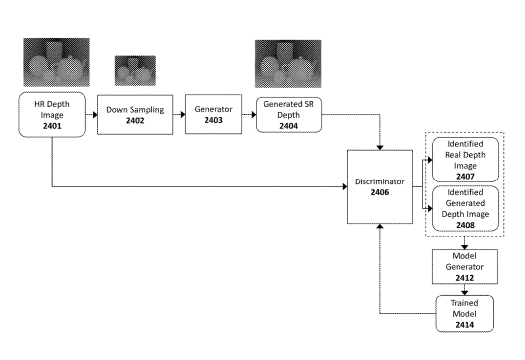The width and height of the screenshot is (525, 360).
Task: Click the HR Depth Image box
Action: [x=52, y=114]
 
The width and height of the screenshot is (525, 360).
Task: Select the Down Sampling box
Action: [x=135, y=115]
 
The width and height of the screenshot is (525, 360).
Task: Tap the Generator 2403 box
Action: [x=213, y=114]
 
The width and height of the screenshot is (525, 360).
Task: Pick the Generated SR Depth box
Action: [x=289, y=115]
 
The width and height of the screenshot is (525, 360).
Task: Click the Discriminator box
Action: [x=380, y=186]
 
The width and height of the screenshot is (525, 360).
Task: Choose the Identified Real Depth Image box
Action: [x=465, y=160]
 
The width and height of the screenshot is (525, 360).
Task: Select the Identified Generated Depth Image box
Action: [x=465, y=208]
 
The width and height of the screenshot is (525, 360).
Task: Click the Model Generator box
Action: [x=465, y=266]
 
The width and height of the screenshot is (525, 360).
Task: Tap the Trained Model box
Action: [x=464, y=313]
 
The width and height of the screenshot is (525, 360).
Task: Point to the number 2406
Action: [x=380, y=192]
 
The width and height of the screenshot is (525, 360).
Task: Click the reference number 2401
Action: [x=52, y=126]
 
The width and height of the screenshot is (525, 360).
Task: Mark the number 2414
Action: [x=464, y=324]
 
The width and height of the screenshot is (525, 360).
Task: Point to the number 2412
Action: [x=465, y=278]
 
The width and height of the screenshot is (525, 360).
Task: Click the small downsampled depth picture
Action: [x=135, y=70]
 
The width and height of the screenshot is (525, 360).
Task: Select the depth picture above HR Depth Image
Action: [x=56, y=62]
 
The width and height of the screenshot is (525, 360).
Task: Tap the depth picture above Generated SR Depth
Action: [x=287, y=64]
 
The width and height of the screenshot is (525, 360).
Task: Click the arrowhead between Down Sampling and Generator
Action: [x=183, y=115]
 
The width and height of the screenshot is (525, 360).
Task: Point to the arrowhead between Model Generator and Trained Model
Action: [x=464, y=293]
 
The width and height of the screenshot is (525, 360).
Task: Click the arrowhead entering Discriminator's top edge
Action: [x=380, y=148]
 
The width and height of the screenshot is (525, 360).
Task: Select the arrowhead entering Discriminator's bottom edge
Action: [x=380, y=226]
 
